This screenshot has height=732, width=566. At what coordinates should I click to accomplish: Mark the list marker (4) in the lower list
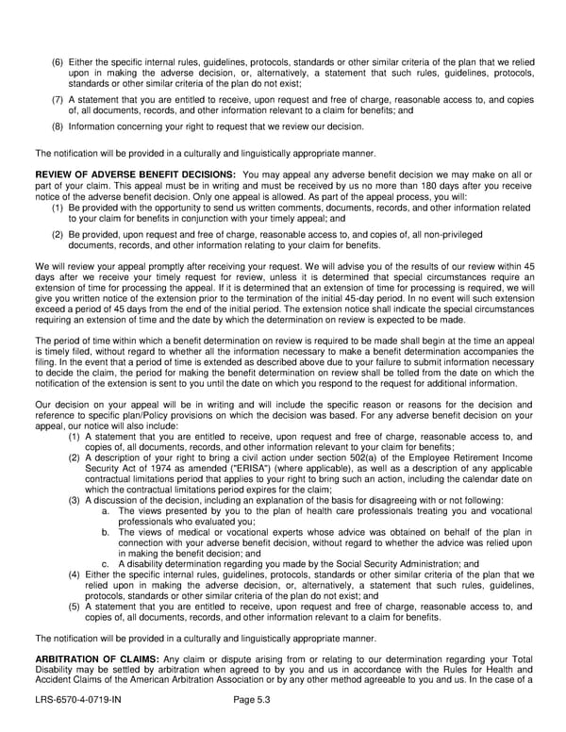pos(75,574)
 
